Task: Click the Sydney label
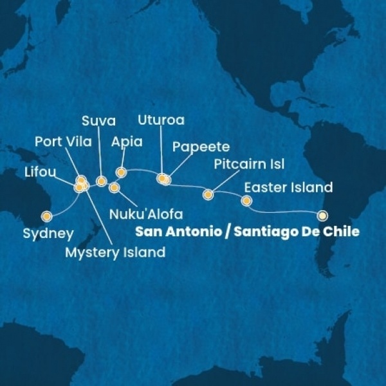pyautogui.click(x=48, y=234)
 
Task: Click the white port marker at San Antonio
pyautogui.click(x=323, y=216)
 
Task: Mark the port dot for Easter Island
pyautogui.click(x=246, y=201)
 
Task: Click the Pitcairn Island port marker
pyautogui.click(x=208, y=194)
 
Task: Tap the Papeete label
pyautogui.click(x=201, y=147)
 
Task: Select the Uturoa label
pyautogui.click(x=161, y=120)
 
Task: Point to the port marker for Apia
pyautogui.click(x=120, y=172)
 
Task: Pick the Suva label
pyautogui.click(x=98, y=120)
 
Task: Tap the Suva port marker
pyautogui.click(x=101, y=181)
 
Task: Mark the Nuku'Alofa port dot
pyautogui.click(x=115, y=188)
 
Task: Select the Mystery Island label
pyautogui.click(x=115, y=252)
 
